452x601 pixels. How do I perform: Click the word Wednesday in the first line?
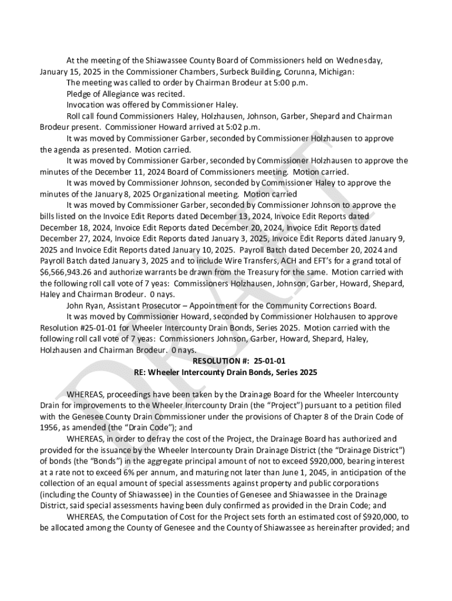tap(359, 60)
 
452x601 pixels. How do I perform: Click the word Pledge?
tap(80, 94)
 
